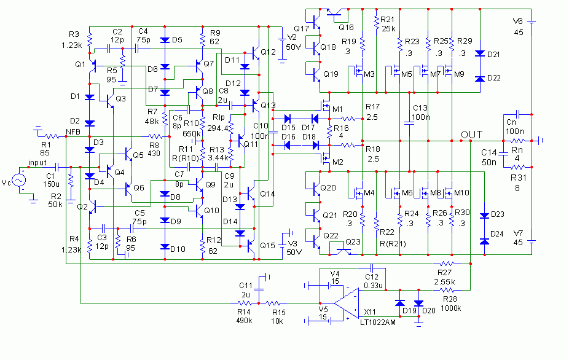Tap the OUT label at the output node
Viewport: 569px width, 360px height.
(473, 135)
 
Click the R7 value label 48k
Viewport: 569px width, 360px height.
(152, 121)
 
